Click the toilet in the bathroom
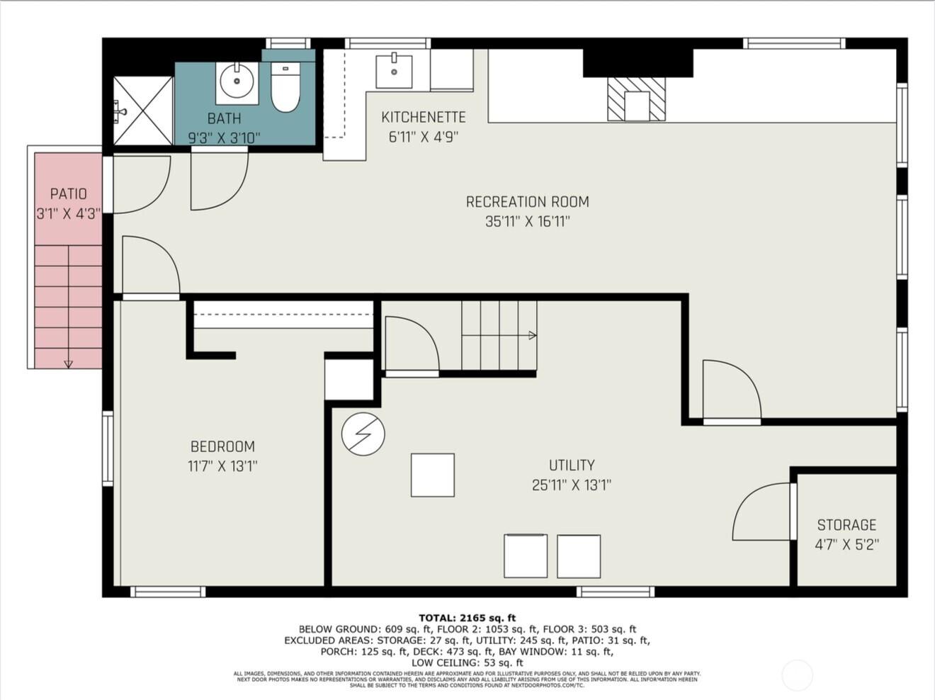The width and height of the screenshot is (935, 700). (x=285, y=88)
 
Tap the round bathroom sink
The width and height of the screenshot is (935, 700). (x=237, y=82)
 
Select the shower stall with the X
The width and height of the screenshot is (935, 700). (x=143, y=110)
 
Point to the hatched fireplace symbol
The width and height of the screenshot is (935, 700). (x=636, y=98)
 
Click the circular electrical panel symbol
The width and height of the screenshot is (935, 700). (x=363, y=434)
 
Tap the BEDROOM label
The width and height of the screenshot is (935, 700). (x=222, y=446)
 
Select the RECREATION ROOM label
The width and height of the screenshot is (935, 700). (x=527, y=202)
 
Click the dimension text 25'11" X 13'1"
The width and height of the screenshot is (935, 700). (x=571, y=485)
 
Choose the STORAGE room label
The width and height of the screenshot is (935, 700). (x=846, y=525)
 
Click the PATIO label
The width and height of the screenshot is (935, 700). (x=68, y=193)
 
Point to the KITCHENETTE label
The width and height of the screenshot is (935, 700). (x=423, y=118)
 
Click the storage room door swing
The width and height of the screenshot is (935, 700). (x=761, y=512)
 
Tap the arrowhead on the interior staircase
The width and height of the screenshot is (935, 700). (x=532, y=336)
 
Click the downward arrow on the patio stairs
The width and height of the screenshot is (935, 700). (x=68, y=363)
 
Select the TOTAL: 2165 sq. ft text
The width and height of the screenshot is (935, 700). (x=467, y=618)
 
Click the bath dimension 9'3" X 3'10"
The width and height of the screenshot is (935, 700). (x=224, y=138)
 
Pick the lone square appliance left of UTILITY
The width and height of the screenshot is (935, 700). (x=432, y=475)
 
